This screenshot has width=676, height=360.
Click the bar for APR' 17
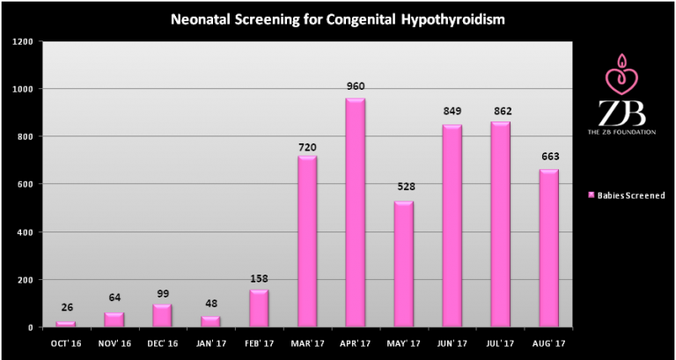356,211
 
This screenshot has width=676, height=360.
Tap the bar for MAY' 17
404,263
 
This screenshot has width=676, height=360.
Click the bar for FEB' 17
259,307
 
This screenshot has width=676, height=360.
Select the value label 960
356,86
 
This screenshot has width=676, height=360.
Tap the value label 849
452,112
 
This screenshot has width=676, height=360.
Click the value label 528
404,188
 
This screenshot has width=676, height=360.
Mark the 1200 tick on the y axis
23,41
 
